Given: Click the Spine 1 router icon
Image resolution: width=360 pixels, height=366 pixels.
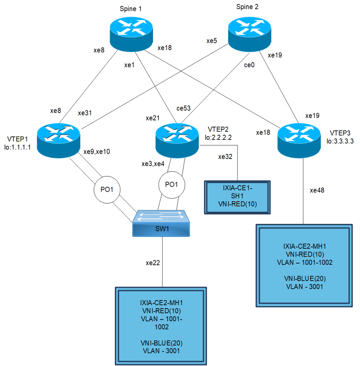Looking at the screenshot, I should point(131,34).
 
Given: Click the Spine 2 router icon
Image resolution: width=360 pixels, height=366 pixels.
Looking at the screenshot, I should point(249,34).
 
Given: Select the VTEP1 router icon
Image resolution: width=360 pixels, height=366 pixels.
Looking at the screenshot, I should point(58,140).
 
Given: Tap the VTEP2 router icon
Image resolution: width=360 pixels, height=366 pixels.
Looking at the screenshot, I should point(177,140).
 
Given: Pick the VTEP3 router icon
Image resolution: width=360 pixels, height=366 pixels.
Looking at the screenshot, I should point(299,140).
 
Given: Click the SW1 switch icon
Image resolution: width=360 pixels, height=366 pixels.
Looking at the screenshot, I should point(161,224).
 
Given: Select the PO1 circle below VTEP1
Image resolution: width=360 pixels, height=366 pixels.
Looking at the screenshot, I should point(107,190).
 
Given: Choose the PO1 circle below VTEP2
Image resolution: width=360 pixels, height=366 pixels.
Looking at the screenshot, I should point(172,185).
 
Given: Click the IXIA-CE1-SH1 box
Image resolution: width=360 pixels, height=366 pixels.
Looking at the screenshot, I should point(237,197).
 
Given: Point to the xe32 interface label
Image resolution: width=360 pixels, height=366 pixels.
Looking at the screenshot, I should point(225,157).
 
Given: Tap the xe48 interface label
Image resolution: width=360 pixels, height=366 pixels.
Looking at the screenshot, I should point(317,190).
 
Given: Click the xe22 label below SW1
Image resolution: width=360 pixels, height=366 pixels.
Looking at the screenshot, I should point(153,263).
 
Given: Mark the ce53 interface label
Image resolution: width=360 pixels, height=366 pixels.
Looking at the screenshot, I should point(184,108).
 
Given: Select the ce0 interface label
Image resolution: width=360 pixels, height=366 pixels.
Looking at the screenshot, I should point(249,65).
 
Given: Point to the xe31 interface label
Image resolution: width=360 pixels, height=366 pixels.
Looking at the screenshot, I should point(85,113).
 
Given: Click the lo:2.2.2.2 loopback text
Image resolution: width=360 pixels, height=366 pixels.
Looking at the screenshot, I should point(218,137).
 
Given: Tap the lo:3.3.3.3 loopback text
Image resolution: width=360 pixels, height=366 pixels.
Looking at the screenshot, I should point(340,141).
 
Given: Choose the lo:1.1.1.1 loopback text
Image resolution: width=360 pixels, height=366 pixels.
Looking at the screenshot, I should point(18,147).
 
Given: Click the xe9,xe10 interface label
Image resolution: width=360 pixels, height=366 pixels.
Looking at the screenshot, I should point(97,152).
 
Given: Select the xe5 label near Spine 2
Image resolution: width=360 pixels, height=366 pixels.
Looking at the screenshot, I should point(212,41).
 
